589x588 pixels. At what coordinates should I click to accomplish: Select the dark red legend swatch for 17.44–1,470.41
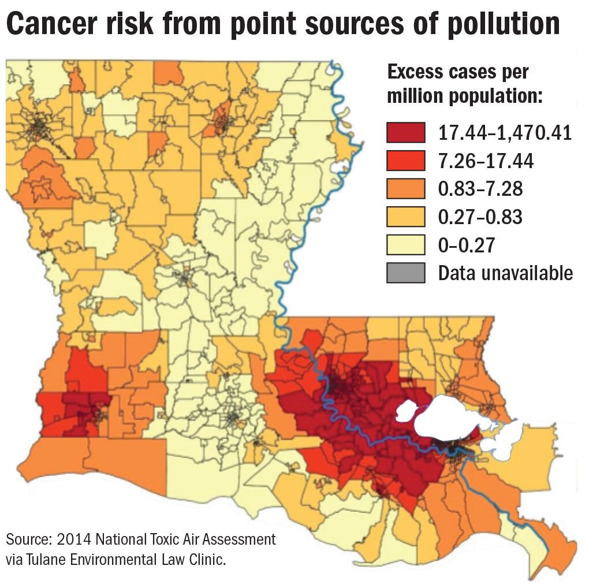[406, 133]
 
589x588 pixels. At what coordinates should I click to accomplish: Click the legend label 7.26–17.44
[486, 161]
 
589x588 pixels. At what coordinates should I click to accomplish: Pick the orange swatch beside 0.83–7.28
[406, 189]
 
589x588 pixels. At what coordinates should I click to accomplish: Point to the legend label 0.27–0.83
[480, 217]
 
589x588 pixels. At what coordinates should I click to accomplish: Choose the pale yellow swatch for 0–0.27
[406, 244]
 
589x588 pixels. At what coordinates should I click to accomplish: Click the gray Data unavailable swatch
[406, 272]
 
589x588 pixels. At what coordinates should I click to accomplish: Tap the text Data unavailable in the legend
[505, 272]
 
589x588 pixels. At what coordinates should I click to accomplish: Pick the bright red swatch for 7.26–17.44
[406, 161]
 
